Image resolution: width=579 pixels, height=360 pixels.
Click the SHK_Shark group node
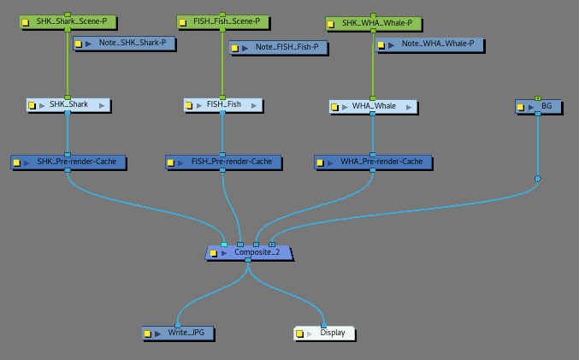click(69, 105)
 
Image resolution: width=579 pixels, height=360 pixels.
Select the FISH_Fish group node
click(223, 105)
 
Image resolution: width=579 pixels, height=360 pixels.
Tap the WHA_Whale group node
click(373, 107)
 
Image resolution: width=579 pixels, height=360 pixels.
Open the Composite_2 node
click(251, 253)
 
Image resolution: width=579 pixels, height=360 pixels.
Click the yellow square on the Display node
click(300, 333)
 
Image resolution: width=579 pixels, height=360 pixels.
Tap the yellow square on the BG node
click(522, 108)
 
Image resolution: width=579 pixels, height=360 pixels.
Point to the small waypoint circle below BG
click(538, 179)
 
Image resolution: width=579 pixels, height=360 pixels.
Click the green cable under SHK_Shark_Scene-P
click(68, 64)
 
